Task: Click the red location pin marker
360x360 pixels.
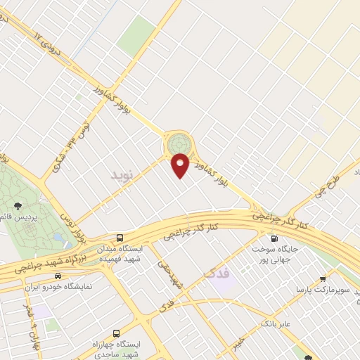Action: click(181, 165)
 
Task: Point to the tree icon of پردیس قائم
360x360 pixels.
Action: click(17, 205)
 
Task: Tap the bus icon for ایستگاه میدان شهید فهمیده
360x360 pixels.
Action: click(121, 237)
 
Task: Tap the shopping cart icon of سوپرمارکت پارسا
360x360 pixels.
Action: click(323, 277)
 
